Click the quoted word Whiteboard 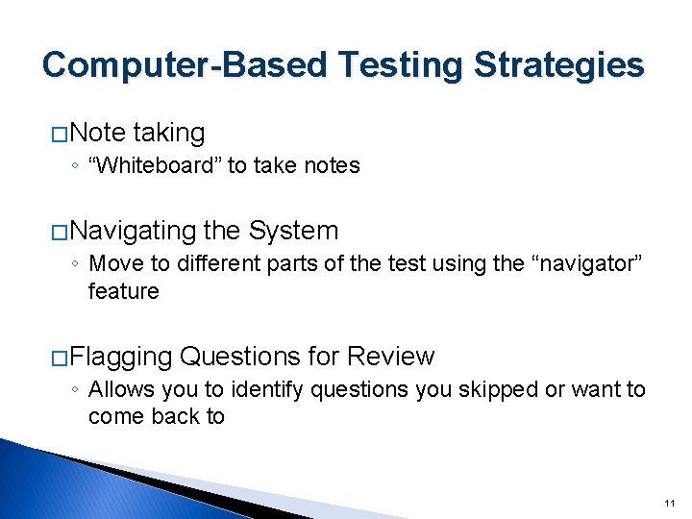(x=155, y=165)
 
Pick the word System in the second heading (x=293, y=231)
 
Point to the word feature (x=123, y=291)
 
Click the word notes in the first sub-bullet (x=333, y=165)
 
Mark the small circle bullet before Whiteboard (x=74, y=166)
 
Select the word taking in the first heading (x=169, y=133)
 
